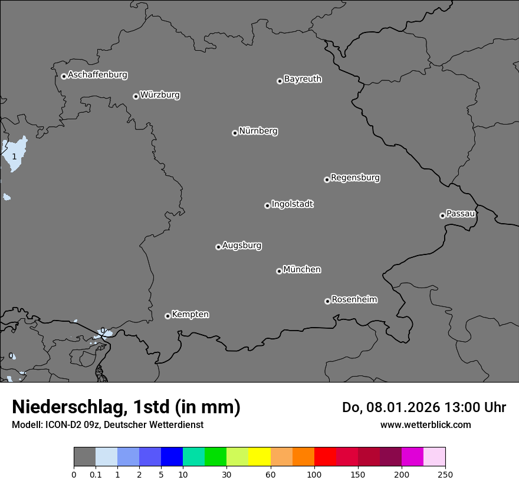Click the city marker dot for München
[279, 271]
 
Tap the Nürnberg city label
[258, 131]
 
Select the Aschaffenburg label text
[97, 75]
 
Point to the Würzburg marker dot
[136, 96]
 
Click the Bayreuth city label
[303, 79]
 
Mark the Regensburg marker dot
[327, 179]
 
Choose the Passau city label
[461, 214]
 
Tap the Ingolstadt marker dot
[267, 205]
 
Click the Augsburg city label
[242, 246]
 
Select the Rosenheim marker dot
[327, 302]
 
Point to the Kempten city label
[190, 315]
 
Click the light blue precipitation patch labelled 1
[15, 152]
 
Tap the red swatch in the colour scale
[325, 457]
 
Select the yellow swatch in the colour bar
[259, 457]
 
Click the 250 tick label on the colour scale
[445, 475]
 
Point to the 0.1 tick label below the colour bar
[96, 475]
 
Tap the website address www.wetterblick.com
[425, 424]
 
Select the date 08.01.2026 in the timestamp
[400, 407]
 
